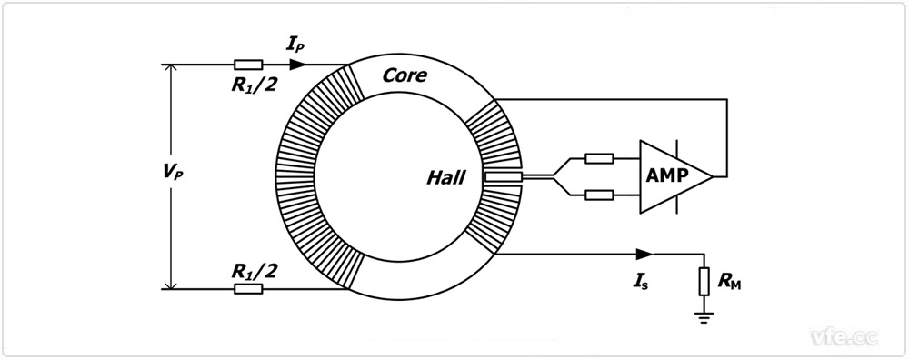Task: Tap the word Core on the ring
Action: tap(405, 75)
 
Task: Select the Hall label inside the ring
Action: tap(445, 178)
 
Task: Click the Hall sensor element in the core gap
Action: tap(504, 175)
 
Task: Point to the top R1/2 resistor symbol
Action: tap(248, 65)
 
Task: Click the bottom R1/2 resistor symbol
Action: tap(248, 288)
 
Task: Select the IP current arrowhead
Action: tap(298, 65)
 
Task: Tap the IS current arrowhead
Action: tap(644, 254)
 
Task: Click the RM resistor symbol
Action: tap(704, 281)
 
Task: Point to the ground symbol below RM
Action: tap(704, 316)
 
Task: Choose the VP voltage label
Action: tap(172, 174)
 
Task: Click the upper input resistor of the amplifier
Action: tap(599, 157)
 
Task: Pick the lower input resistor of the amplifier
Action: tap(599, 195)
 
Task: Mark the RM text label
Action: tap(729, 284)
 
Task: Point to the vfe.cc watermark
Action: tap(844, 336)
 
